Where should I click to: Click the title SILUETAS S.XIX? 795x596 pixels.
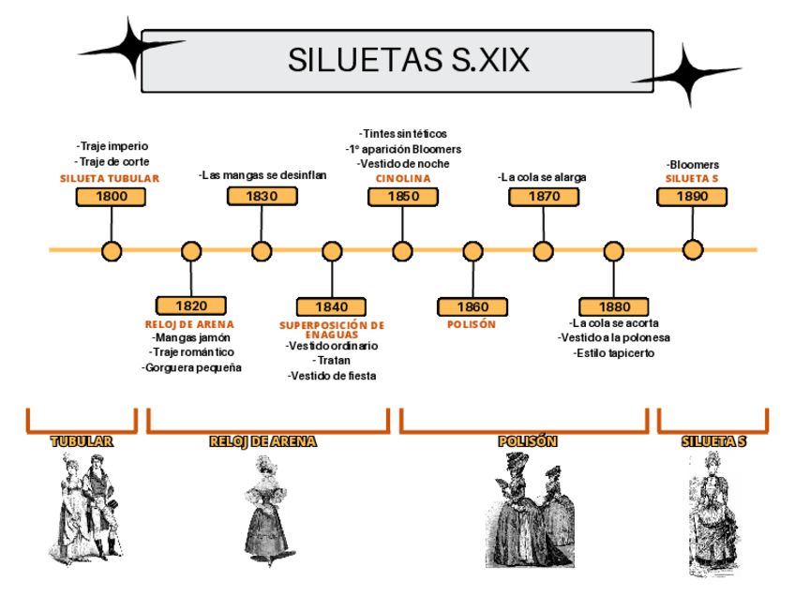pyautogui.click(x=408, y=61)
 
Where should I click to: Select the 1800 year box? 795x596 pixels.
pyautogui.click(x=112, y=196)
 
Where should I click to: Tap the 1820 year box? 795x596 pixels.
pyautogui.click(x=191, y=305)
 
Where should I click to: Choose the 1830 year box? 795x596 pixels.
pyautogui.click(x=262, y=196)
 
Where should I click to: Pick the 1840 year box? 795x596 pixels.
pyautogui.click(x=331, y=306)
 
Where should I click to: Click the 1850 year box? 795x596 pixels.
pyautogui.click(x=403, y=196)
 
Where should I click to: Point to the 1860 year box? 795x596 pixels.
pyautogui.click(x=472, y=306)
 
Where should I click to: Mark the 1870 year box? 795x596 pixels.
pyautogui.click(x=544, y=196)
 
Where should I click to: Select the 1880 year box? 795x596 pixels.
pyautogui.click(x=614, y=306)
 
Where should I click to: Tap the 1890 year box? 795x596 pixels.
pyautogui.click(x=693, y=196)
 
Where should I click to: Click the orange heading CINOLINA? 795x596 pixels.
pyautogui.click(x=403, y=178)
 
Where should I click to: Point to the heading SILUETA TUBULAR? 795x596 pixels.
pyautogui.click(x=110, y=178)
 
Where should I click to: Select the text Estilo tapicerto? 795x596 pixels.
pyautogui.click(x=614, y=353)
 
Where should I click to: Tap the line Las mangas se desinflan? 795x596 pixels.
pyautogui.click(x=262, y=174)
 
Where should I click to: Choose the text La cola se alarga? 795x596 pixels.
pyautogui.click(x=543, y=176)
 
